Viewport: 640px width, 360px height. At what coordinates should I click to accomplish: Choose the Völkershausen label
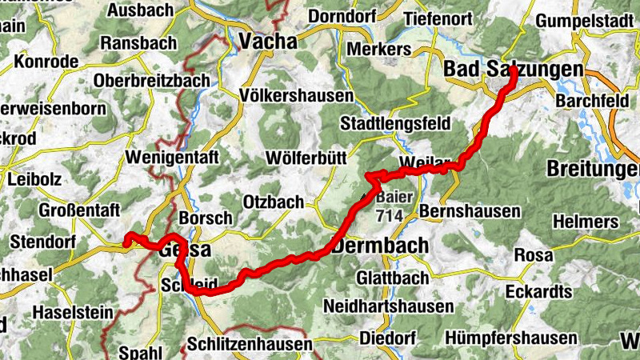(x=296, y=96)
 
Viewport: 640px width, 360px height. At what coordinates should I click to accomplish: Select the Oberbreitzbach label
(x=152, y=81)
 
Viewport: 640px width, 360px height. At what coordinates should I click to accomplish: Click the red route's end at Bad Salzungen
(x=509, y=78)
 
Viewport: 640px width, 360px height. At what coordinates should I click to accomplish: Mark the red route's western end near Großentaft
(x=126, y=236)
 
